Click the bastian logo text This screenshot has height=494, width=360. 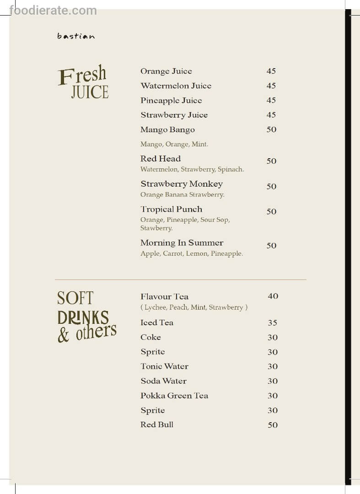click(76, 36)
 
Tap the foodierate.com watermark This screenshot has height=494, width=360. click(53, 10)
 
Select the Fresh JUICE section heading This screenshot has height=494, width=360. click(83, 83)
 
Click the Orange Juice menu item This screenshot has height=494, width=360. click(166, 71)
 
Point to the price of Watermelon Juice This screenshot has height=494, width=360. click(271, 86)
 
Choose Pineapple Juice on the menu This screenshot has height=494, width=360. click(171, 101)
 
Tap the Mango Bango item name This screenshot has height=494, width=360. click(167, 130)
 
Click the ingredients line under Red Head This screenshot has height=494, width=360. click(192, 169)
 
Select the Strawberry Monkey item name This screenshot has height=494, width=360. click(182, 184)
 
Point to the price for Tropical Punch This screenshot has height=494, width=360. click(272, 211)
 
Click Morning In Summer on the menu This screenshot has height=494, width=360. click(182, 243)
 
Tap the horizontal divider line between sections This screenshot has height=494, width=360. click(180, 279)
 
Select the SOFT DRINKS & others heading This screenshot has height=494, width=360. click(86, 317)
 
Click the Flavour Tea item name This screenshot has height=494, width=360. click(164, 296)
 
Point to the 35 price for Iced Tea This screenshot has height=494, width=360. click(273, 323)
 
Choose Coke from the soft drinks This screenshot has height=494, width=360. click(150, 338)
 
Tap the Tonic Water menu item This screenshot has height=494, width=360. click(164, 366)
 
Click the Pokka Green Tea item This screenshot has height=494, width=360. click(174, 396)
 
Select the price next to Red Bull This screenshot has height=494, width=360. click(273, 425)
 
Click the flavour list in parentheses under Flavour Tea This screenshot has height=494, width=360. click(194, 307)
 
